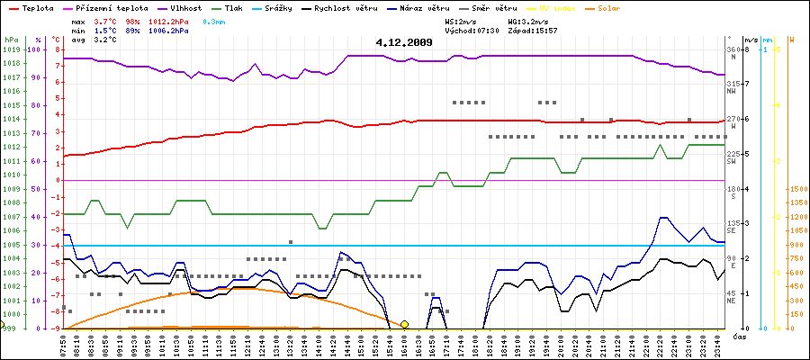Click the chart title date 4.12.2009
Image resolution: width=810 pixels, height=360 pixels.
pos(404,41)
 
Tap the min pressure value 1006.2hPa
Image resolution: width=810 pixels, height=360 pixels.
pos(168,30)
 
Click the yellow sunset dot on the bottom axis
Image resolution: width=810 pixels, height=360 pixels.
pos(404,324)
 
